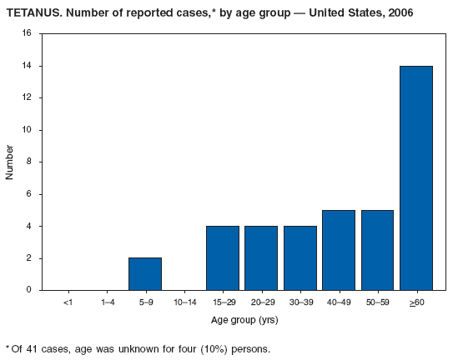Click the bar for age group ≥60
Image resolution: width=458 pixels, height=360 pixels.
[415, 177]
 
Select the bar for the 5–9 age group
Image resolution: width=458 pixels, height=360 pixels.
[145, 274]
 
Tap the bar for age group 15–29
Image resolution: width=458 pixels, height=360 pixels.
[223, 258]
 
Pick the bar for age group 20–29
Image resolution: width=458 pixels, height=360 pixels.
[261, 258]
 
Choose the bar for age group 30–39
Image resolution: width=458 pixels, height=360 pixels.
[299, 258]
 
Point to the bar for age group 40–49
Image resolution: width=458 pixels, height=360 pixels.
[339, 250]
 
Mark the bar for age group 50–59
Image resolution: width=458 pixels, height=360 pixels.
[377, 250]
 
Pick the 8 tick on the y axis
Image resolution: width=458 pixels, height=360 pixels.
[28, 162]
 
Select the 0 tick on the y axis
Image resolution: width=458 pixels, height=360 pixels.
[28, 290]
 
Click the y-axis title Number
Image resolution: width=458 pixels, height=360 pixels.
[10, 162]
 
